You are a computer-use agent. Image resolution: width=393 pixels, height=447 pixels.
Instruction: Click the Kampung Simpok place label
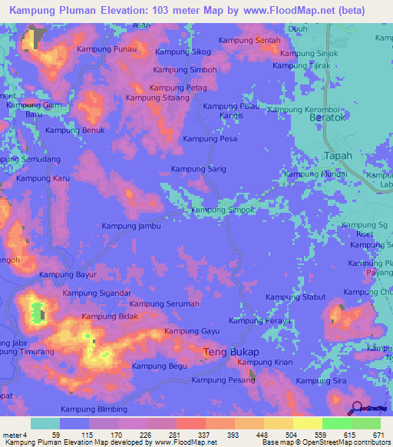(222, 210)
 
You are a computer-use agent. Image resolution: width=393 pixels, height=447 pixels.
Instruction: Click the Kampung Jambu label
(132, 226)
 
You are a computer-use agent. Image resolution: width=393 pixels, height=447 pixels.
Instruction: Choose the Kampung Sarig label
(198, 168)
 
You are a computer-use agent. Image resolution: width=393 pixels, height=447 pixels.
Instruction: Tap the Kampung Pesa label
(209, 139)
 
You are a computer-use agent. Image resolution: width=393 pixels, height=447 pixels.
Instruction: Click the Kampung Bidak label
(110, 316)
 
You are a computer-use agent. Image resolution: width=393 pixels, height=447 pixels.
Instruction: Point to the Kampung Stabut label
(296, 296)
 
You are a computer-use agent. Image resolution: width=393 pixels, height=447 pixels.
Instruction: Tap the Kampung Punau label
(107, 49)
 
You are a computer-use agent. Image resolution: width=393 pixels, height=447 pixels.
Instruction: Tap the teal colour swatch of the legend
(45, 423)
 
